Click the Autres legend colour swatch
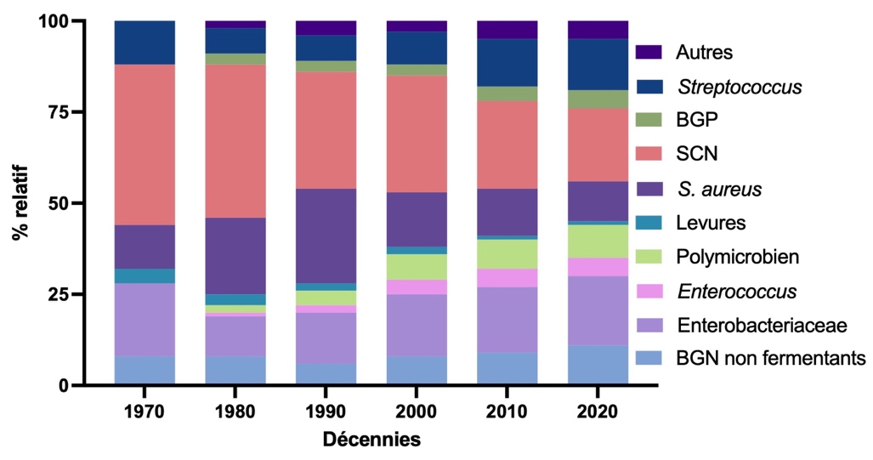(649, 53)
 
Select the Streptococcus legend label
(739, 87)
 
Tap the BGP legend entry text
(696, 121)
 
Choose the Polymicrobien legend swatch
(649, 257)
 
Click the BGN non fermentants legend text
(770, 359)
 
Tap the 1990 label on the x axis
(326, 412)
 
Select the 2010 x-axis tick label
(507, 412)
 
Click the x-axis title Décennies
(371, 440)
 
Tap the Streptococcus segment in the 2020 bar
(598, 64)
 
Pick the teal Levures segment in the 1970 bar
(145, 275)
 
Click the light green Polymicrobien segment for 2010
(507, 253)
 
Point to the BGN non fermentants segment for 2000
(417, 370)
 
